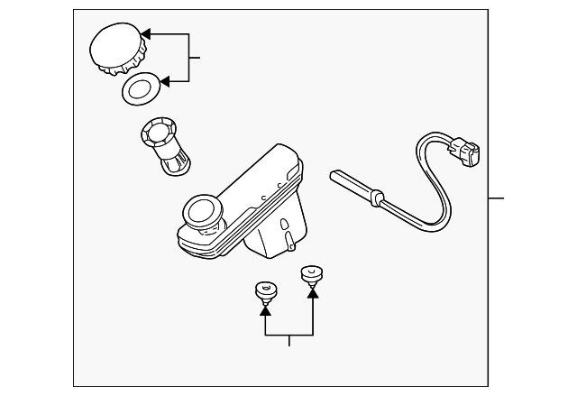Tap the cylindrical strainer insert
(164, 144)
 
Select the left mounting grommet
(265, 291)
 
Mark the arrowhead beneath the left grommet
(265, 309)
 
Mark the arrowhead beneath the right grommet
(313, 290)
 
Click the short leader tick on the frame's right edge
(496, 198)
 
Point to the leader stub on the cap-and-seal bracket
(195, 58)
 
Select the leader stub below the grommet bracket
(289, 340)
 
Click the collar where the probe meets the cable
(377, 195)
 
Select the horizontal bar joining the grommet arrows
(288, 335)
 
